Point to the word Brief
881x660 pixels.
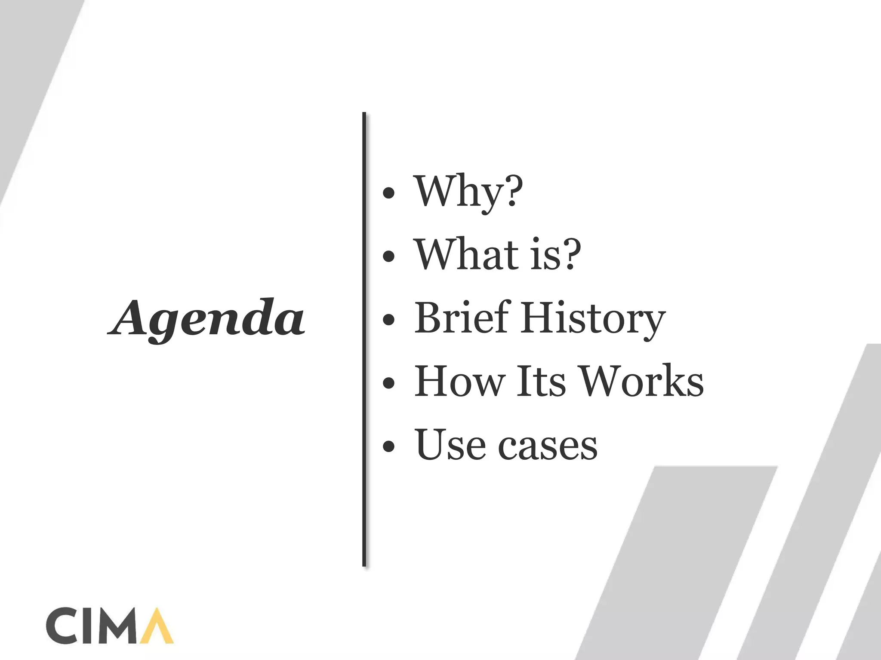click(462, 318)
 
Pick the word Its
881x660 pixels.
click(541, 381)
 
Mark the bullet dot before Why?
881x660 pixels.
click(388, 193)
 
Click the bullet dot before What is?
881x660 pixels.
click(388, 256)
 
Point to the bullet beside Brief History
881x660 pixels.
click(388, 320)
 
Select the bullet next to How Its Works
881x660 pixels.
click(388, 383)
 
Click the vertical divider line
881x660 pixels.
click(364, 339)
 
